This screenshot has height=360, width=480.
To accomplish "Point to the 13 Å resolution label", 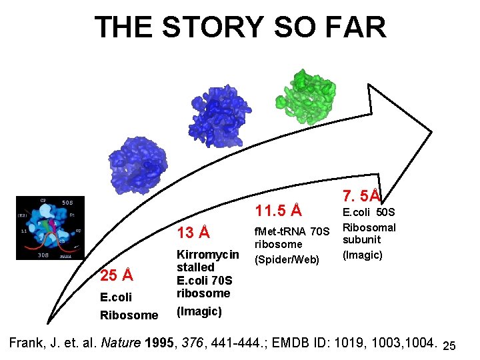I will [193, 233].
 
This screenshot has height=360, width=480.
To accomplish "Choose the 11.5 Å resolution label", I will [279, 211].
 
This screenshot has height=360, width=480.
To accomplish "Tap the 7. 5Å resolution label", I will [361, 195].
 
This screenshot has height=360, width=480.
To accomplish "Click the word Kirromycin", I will [207, 255].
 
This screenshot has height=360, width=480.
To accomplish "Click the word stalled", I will [195, 267].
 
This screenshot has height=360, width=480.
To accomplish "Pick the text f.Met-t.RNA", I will [275, 231].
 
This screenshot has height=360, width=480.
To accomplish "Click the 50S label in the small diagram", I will [67, 203].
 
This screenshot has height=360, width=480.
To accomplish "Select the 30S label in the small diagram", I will [43, 254].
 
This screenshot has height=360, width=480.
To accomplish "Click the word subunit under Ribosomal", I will [361, 239].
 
